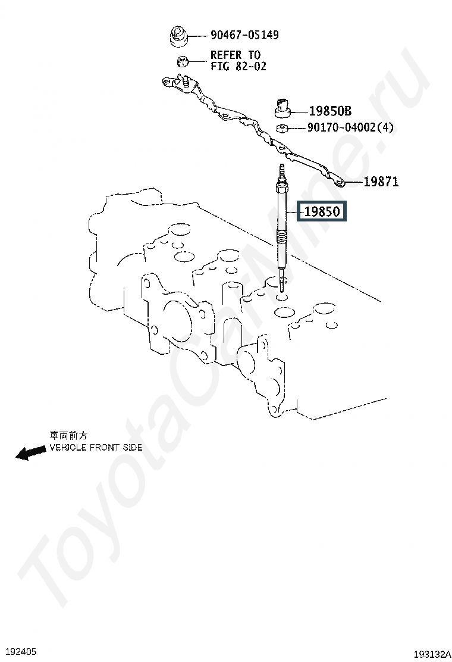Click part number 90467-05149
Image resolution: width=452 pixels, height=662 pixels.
(x=244, y=35)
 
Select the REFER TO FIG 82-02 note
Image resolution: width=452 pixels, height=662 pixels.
(x=238, y=61)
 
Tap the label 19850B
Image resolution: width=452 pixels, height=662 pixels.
(x=330, y=111)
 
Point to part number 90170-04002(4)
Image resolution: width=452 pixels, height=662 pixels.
(x=350, y=127)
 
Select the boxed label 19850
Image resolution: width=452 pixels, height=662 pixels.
(x=322, y=211)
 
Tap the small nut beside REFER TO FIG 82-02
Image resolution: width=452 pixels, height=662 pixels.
(x=183, y=61)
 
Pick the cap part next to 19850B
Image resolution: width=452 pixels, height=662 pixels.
(x=284, y=107)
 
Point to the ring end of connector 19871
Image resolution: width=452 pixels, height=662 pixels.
(x=340, y=182)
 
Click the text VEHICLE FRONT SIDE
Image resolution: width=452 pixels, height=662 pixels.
(x=96, y=447)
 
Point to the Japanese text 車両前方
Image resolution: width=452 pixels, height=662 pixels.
(x=68, y=436)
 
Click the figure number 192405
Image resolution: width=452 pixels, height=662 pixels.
(x=20, y=651)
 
